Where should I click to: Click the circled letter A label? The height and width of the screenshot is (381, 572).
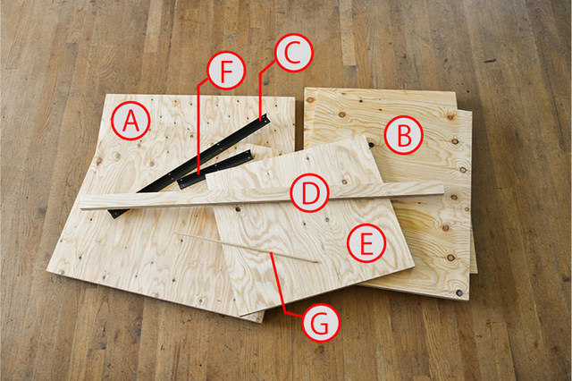point(130,123)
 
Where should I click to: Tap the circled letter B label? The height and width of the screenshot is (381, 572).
point(403,136)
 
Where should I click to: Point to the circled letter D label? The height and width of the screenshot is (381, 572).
point(310,193)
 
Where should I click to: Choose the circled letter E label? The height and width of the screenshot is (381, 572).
point(366,242)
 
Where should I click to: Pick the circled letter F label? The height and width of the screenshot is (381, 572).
point(225,71)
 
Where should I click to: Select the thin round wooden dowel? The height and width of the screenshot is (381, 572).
point(246,248)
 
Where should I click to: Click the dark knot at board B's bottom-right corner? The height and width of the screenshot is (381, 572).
point(459,292)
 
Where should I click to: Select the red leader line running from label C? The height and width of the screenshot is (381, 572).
point(260,89)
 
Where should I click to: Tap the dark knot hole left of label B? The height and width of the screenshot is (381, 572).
point(369,143)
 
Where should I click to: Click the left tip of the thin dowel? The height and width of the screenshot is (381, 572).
point(177,235)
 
